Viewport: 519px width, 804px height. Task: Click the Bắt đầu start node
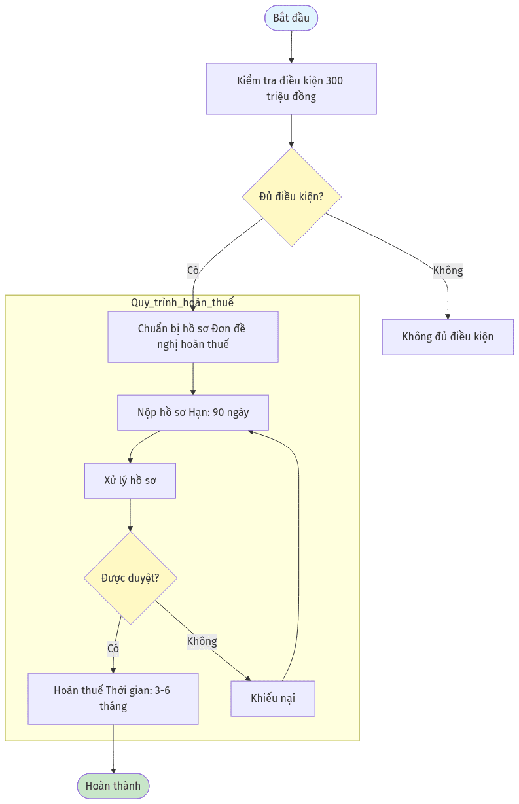coord(291,18)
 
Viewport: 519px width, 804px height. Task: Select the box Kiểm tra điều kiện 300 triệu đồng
coord(291,89)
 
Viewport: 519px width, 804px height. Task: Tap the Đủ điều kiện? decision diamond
coord(291,197)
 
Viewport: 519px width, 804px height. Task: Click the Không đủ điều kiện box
coord(448,337)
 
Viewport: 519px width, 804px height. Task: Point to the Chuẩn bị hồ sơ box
coord(193,337)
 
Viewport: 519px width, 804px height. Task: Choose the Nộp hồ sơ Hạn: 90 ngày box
coord(193,413)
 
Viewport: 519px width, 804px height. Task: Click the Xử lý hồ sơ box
coord(130,481)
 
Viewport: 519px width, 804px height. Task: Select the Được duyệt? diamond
coord(130,578)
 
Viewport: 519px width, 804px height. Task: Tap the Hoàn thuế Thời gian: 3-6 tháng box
coord(113,699)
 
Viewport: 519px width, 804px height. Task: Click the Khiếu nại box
coord(273,699)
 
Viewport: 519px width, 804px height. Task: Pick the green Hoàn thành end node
coord(113,786)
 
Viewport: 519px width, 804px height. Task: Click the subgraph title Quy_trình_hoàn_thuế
coord(182,302)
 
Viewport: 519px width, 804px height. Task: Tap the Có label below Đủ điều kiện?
coord(193,270)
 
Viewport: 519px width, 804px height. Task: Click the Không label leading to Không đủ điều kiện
coord(448,270)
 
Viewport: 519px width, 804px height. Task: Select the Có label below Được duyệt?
coord(113,648)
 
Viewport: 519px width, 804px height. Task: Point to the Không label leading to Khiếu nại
coord(202,641)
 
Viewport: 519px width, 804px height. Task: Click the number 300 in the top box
coord(334,80)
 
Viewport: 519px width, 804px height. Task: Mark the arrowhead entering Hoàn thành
coord(113,771)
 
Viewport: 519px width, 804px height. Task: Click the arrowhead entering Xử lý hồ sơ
coord(130,461)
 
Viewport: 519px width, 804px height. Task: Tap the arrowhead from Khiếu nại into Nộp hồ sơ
coord(251,432)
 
